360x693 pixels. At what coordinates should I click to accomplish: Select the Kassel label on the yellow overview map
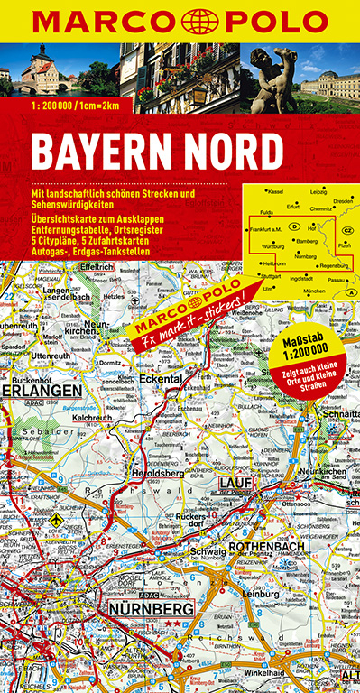click(x=274, y=192)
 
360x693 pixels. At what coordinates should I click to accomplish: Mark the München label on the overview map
click(x=314, y=291)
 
